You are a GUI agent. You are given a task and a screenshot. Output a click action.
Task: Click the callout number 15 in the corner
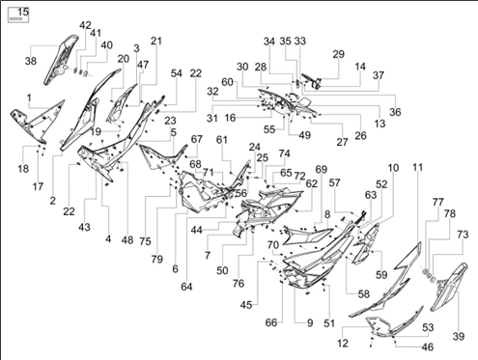click(23, 12)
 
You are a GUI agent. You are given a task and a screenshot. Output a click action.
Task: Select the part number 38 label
click(31, 61)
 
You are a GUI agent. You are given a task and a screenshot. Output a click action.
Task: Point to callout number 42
click(85, 25)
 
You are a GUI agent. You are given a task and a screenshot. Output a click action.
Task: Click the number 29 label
click(338, 54)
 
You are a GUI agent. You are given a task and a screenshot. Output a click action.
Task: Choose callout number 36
click(395, 112)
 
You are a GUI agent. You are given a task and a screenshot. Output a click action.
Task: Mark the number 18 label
click(23, 169)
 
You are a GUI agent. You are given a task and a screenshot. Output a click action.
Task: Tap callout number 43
click(84, 227)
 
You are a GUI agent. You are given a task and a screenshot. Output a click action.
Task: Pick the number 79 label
click(157, 259)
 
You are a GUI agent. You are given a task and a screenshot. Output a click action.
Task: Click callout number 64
click(186, 287)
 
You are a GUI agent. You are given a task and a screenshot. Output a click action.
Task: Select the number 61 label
click(222, 140)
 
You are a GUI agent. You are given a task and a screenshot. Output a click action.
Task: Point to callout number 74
click(284, 153)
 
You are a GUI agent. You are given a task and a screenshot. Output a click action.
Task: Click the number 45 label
click(246, 305)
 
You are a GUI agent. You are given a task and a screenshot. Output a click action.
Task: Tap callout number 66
click(271, 322)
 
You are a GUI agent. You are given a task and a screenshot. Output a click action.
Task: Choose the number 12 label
click(343, 344)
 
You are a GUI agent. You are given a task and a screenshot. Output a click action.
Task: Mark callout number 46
click(428, 347)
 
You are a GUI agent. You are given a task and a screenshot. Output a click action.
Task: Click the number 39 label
click(459, 337)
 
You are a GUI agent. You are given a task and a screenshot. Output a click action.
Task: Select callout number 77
click(438, 202)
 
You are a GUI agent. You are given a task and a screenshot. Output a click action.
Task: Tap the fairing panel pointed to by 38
click(61, 61)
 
